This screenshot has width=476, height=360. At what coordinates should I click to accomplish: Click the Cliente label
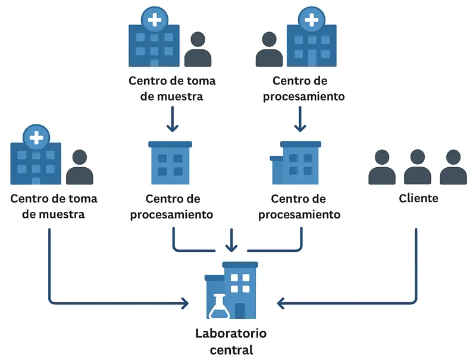[x=418, y=198]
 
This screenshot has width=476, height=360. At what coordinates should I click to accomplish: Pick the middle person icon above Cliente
[x=418, y=167]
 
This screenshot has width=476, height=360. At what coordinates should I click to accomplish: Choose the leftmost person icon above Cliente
[x=382, y=167]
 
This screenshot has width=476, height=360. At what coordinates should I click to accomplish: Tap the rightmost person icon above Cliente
[x=453, y=167]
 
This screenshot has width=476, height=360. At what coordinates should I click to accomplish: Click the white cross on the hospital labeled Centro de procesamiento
[x=310, y=20]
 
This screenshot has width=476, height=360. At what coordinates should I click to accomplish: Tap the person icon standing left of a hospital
[x=269, y=49]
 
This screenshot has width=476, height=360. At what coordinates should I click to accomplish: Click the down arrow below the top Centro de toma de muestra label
[x=172, y=120]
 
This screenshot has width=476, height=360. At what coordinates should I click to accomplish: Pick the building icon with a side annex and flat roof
[x=296, y=162]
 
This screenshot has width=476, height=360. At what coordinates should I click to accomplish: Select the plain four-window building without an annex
[x=170, y=162]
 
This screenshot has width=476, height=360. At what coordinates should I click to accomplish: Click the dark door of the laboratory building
[x=240, y=311]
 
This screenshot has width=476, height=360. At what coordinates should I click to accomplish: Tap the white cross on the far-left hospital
[x=36, y=138]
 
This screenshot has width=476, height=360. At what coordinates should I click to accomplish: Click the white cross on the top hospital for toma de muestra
[x=154, y=20]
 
